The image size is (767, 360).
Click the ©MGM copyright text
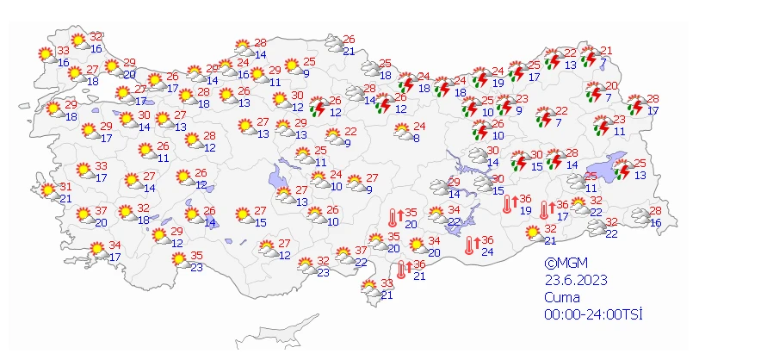tap(562, 264)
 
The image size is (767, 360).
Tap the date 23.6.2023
tap(570, 280)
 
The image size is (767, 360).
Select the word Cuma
tap(560, 296)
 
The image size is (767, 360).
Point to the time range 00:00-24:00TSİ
tap(593, 313)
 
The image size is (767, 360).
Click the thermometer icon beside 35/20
tap(395, 218)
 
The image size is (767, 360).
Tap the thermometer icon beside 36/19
tap(510, 204)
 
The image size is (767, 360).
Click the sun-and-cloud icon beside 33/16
tap(46, 55)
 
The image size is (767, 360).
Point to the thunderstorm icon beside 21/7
tap(590, 58)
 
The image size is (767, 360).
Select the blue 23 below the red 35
tap(197, 267)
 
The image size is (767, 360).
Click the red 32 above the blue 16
tap(96, 37)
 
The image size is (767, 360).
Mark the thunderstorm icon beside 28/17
tap(638, 106)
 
